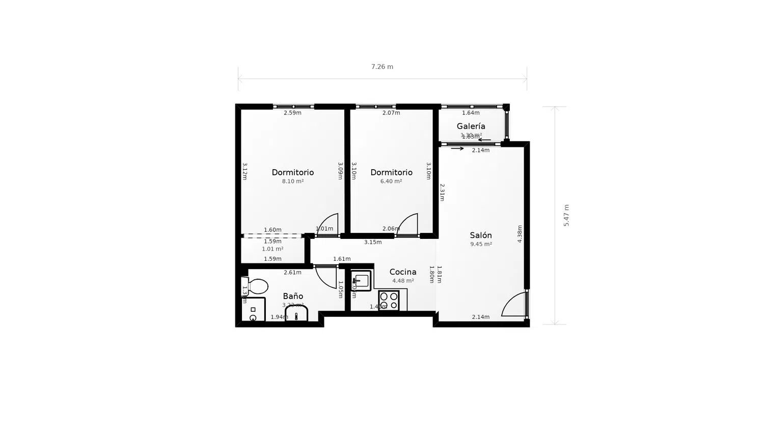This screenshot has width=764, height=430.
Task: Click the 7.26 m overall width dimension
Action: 382,67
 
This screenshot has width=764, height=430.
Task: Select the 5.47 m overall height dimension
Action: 566,215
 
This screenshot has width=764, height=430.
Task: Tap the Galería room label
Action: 471,126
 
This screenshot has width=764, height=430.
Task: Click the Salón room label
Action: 481,235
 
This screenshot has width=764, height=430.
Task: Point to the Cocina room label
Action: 403,272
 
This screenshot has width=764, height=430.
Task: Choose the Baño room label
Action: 293,296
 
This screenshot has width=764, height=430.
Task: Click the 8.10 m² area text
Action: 293,181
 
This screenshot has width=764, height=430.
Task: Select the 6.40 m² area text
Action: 391,181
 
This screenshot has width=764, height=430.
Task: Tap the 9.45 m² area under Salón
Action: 481,245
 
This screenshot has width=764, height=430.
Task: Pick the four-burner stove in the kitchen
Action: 389,300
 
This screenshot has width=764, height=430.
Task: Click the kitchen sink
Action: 361,280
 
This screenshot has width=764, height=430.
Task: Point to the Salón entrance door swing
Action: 514,305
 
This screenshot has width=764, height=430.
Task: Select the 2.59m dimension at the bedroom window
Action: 292,113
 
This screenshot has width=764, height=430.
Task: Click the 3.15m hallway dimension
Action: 373,243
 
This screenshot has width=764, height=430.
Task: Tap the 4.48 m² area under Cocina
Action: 403,281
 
